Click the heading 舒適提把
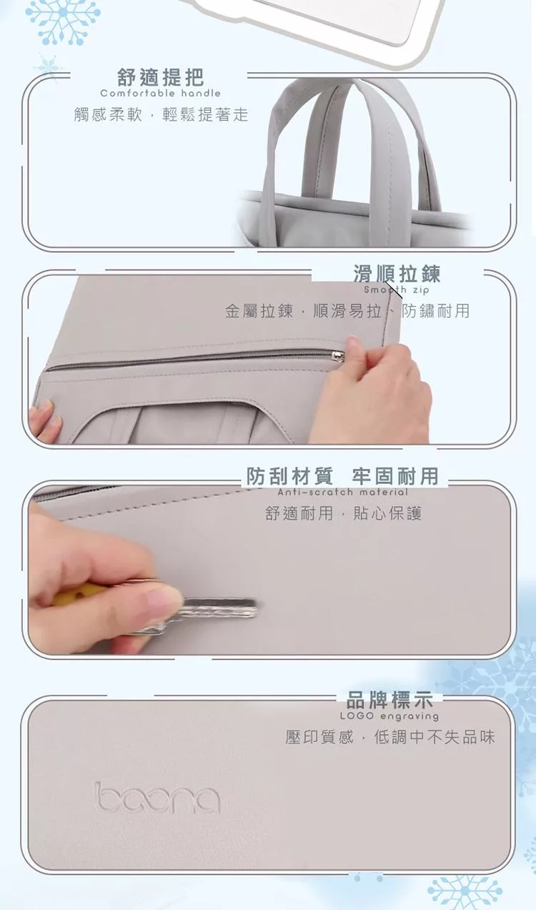160,77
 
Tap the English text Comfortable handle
160,94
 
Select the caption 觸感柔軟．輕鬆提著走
161,114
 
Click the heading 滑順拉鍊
397,273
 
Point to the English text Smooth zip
397,290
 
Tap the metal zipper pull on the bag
338,356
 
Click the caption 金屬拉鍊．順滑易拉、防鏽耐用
347,311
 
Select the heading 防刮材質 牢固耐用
342,476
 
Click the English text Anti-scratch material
342,492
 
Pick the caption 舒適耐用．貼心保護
344,513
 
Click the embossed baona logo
157,798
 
